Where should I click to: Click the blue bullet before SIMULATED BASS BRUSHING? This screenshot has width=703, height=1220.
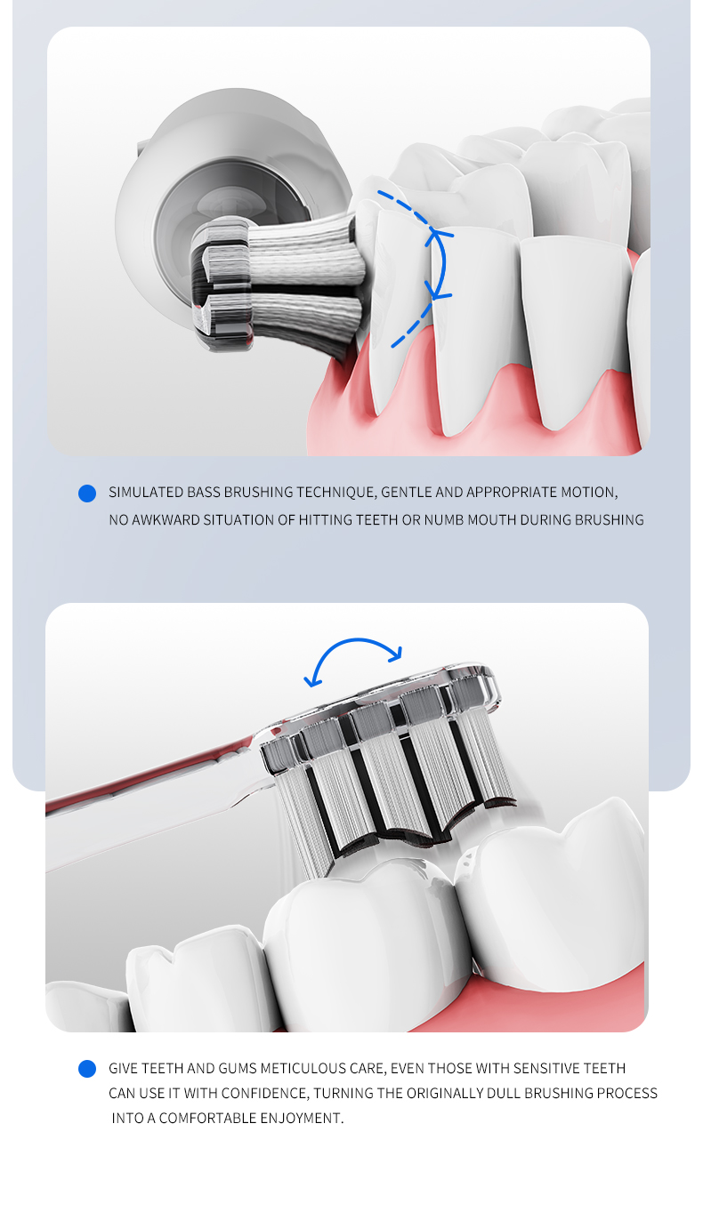click(x=87, y=493)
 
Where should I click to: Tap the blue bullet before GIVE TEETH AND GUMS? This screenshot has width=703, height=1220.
click(x=87, y=1069)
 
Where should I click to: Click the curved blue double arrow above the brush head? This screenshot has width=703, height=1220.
click(x=355, y=641)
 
